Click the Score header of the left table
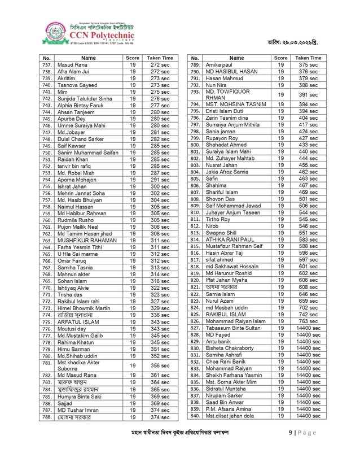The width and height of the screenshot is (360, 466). coord(133,58)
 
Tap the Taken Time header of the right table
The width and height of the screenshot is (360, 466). coord(308,58)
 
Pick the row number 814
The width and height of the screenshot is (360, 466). coord(195,239)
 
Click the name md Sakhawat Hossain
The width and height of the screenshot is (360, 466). coord(232,266)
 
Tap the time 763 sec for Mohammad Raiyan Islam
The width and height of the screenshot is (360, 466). coord(308,321)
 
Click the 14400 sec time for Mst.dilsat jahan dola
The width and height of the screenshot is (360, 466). coord(308,416)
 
